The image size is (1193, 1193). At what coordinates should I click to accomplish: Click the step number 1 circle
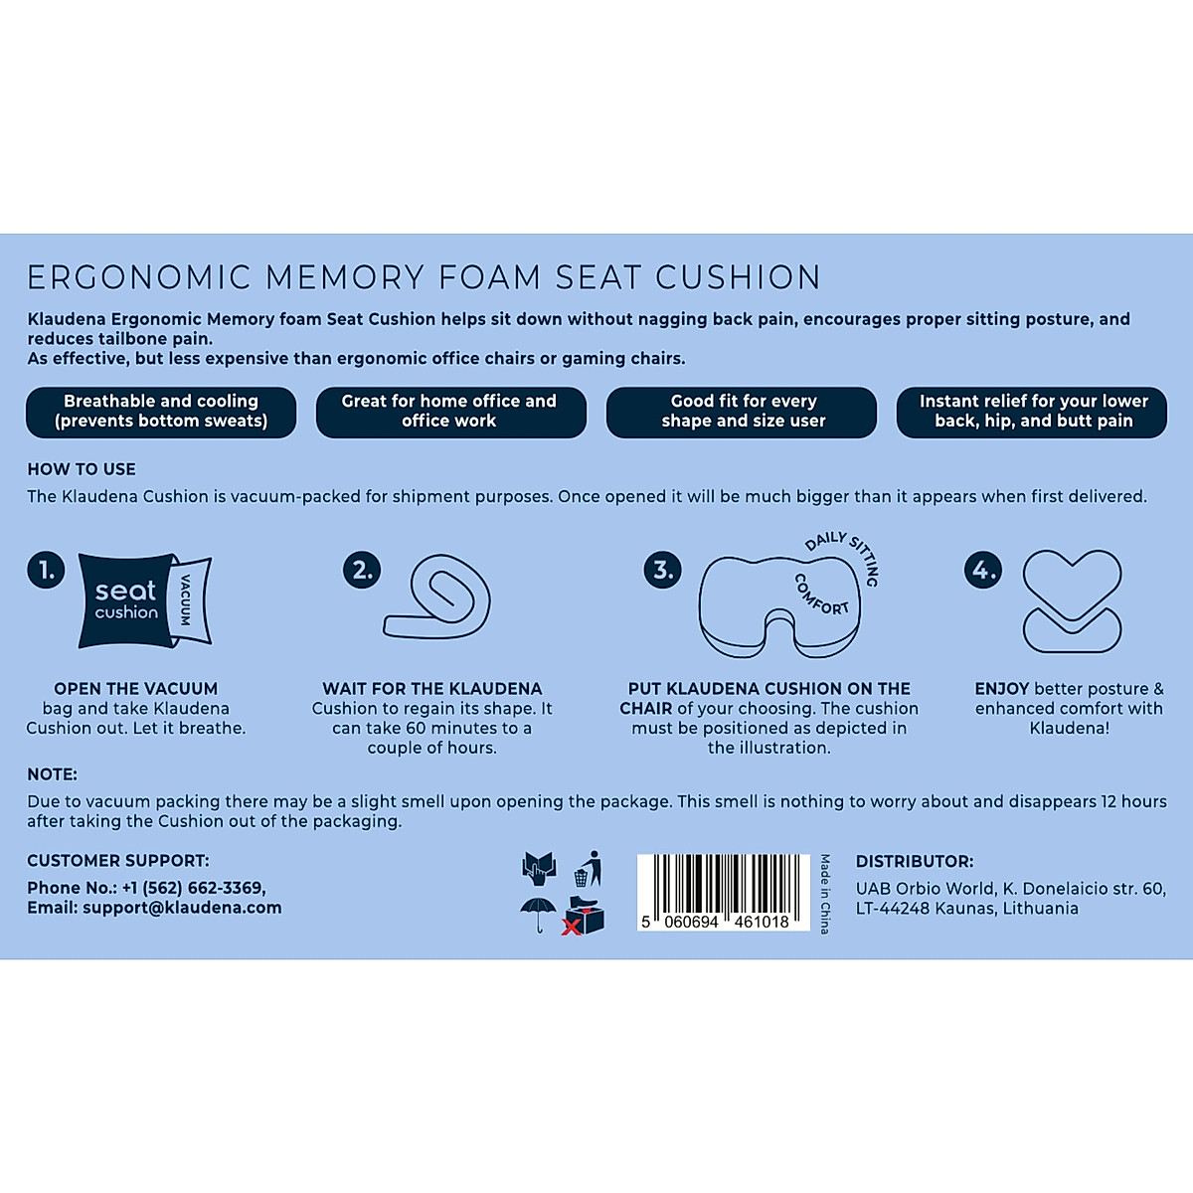46,570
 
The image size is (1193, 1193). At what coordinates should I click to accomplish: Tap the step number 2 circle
362,570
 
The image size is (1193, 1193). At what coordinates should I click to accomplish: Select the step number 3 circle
662,570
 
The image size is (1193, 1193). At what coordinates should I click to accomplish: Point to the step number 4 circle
983,570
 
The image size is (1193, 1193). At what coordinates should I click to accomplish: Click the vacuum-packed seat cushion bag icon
144,600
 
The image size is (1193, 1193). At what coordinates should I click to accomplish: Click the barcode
723,892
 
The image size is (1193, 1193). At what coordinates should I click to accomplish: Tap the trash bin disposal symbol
588,869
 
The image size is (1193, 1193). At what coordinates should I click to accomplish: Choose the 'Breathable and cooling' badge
161,412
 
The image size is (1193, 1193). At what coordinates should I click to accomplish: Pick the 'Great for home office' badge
450,412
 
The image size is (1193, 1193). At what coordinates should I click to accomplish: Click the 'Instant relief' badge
1032,412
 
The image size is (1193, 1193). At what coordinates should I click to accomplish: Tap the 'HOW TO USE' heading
82,469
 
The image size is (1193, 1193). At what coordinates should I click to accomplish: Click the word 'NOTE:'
52,774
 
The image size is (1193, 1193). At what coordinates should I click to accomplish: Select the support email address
182,908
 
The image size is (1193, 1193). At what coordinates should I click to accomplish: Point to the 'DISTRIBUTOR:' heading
915,862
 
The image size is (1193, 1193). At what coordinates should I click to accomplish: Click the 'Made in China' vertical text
825,893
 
